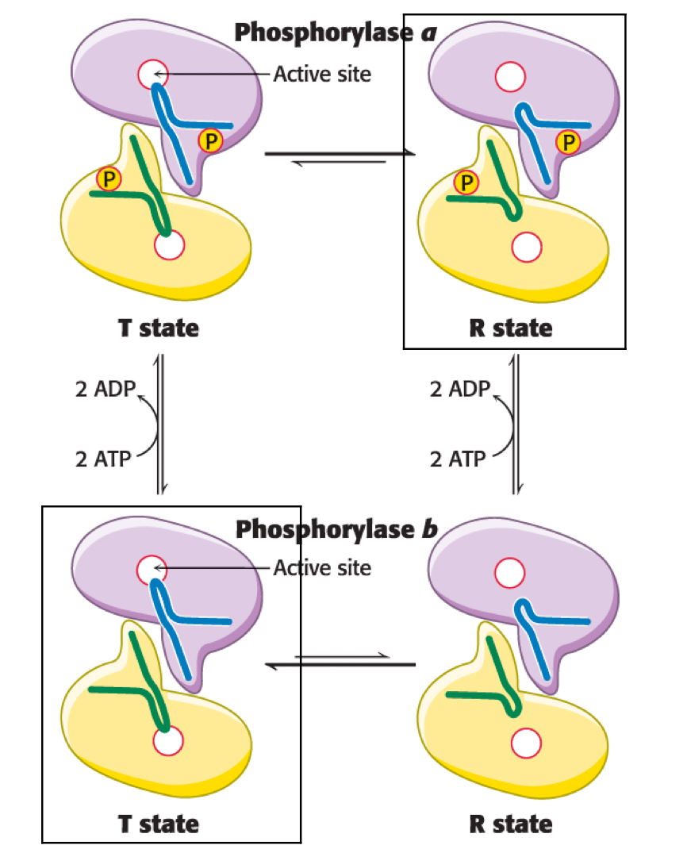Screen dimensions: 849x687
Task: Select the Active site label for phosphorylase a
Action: [322, 75]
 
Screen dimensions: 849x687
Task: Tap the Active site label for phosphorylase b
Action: [322, 568]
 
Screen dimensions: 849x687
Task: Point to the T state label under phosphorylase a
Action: [159, 328]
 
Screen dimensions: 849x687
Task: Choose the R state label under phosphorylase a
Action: [510, 328]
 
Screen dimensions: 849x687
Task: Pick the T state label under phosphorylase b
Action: [159, 823]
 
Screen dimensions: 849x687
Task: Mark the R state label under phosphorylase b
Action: [510, 823]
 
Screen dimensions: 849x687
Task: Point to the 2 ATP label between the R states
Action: [458, 459]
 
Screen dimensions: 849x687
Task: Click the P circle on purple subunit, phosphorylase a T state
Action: [210, 141]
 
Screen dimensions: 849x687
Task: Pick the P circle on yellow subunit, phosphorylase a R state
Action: [466, 182]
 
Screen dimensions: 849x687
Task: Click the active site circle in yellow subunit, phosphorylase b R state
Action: [526, 742]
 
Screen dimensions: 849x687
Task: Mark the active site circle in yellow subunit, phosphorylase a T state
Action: [168, 247]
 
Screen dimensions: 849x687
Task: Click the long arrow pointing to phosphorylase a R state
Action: [341, 154]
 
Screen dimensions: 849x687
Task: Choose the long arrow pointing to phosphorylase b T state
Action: [341, 665]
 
